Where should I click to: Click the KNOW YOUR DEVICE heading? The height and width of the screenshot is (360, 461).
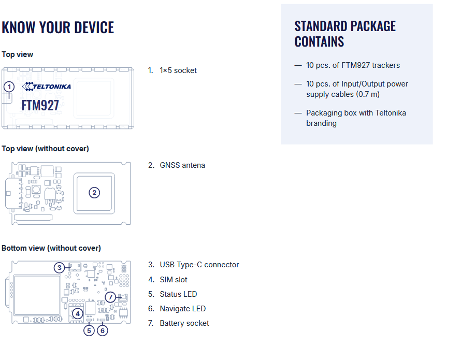tap(58, 27)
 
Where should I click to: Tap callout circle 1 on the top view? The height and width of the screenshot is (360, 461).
tap(9, 88)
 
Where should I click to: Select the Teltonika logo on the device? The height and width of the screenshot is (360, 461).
tap(47, 86)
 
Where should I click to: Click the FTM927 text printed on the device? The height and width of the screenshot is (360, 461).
tap(40, 105)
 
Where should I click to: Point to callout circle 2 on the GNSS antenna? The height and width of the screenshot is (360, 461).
tap(94, 193)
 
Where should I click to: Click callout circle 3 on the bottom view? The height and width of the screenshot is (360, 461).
tap(60, 267)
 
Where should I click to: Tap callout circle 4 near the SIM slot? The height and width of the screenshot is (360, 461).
tap(77, 313)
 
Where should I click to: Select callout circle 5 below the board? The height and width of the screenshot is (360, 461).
tap(89, 330)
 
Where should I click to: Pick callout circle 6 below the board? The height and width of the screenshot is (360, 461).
tap(103, 330)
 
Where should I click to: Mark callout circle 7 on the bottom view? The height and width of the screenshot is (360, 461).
tap(110, 297)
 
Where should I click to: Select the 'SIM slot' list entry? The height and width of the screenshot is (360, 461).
tap(173, 280)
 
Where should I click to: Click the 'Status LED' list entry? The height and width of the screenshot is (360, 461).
tap(178, 294)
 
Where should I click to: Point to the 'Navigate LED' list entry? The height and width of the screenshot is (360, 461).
tap(182, 309)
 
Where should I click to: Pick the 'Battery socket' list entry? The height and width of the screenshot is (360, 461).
tap(184, 323)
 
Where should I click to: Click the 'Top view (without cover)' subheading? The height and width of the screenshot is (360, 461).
tap(45, 149)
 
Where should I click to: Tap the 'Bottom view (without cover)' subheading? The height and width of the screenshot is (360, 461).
tap(51, 248)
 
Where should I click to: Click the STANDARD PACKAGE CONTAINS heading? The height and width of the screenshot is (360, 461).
tap(345, 34)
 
